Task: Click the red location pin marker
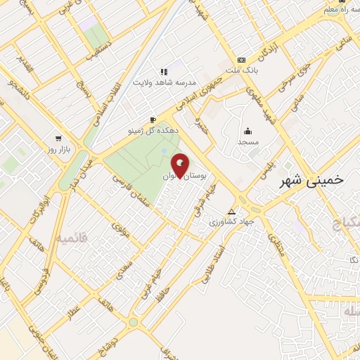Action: click(x=181, y=165)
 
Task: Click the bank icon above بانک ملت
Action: click(x=242, y=60)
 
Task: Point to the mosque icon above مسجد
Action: click(x=247, y=131)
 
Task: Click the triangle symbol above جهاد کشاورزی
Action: click(x=232, y=212)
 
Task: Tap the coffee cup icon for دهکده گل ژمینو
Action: click(x=153, y=120)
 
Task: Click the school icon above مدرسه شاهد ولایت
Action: click(x=165, y=72)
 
